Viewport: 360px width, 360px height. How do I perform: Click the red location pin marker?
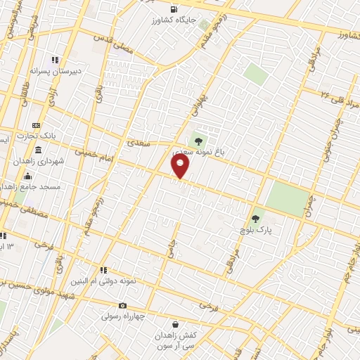[181, 167]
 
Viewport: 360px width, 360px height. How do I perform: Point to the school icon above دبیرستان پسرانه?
[55, 60]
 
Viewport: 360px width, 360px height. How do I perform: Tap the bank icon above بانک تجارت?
[37, 124]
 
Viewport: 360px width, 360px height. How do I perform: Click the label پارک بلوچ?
[259, 230]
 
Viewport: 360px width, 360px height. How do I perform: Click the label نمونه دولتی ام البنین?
[105, 281]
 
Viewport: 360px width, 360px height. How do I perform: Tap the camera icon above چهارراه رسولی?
[123, 305]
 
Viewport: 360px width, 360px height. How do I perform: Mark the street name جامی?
[170, 247]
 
